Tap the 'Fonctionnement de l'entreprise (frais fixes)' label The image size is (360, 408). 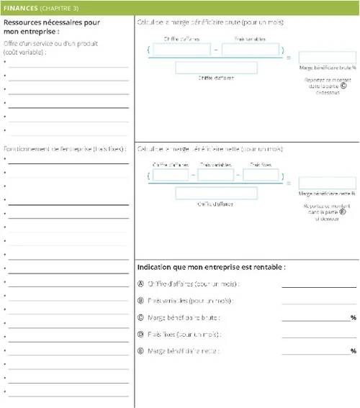point(65,149)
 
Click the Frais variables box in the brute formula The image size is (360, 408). point(251,50)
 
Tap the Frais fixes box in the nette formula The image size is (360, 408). point(261,175)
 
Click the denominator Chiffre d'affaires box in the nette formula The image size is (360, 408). point(216,193)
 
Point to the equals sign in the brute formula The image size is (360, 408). point(289,57)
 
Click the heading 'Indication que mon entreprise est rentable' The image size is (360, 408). point(211,267)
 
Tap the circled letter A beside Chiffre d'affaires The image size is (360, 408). point(140,284)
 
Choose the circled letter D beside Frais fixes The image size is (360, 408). point(140,335)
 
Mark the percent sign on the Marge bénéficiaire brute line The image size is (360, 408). point(354,317)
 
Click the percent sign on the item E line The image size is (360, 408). point(354,351)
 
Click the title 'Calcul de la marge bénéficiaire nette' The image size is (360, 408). point(209,149)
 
